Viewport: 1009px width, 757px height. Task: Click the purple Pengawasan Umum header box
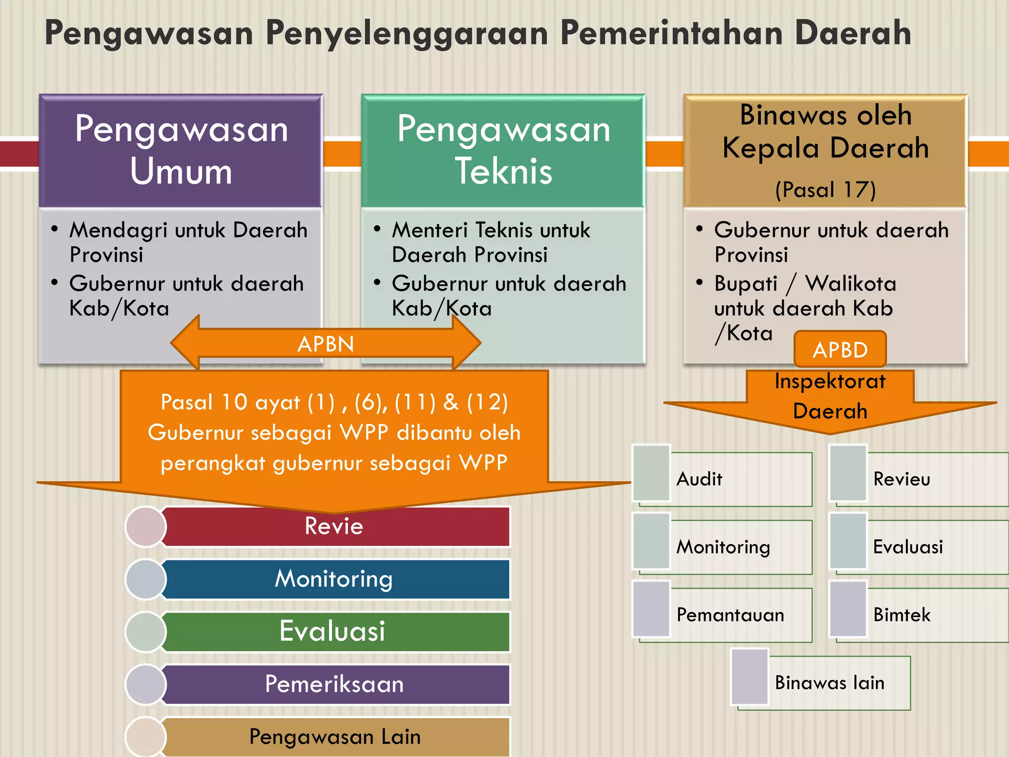coord(181,150)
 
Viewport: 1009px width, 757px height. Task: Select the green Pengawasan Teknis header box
coord(503,150)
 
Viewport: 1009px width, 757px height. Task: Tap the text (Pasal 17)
coord(825,190)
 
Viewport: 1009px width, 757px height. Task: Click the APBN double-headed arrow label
coord(326,344)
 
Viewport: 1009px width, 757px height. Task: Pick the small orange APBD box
coord(840,349)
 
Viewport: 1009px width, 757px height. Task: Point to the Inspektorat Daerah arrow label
coord(830,396)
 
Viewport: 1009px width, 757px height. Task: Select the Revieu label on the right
coord(902,479)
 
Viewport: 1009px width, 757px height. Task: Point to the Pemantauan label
coord(730,615)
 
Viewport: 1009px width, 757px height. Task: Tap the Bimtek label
coord(902,615)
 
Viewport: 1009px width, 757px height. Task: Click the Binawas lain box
coord(830,683)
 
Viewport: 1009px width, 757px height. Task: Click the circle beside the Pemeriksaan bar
coord(145,684)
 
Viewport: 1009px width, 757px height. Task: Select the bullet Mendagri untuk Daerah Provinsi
coord(187,242)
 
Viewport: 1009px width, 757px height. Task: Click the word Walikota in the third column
coord(850,284)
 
